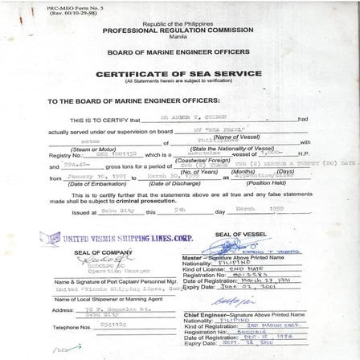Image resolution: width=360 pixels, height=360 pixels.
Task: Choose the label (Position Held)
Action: [265, 183]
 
